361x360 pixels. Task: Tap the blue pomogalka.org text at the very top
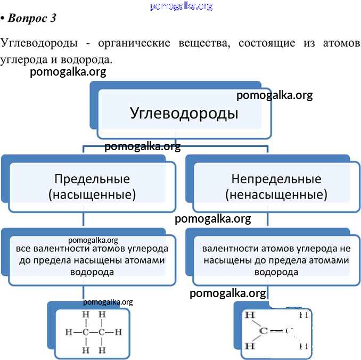[181, 6]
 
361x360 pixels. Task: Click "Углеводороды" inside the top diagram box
[184, 113]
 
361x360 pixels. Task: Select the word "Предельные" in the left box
[92, 179]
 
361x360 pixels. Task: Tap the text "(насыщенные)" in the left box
[92, 194]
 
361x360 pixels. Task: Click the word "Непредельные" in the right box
[276, 179]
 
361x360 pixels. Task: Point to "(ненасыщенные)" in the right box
[276, 194]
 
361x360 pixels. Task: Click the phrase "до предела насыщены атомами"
[92, 260]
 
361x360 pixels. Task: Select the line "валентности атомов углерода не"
[276, 249]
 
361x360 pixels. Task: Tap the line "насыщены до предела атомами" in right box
[276, 260]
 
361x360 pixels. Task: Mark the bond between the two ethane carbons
[93, 332]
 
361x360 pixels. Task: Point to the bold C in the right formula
[263, 331]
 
